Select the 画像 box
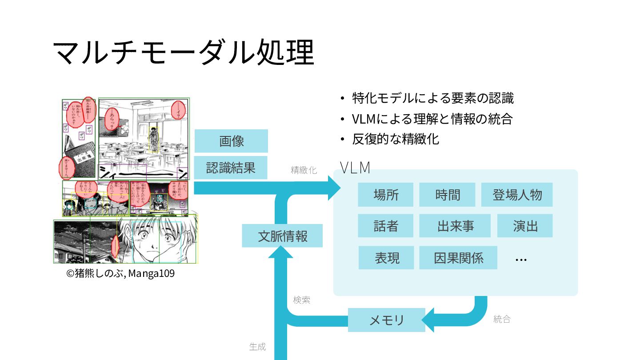click(x=231, y=141)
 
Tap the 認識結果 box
click(x=231, y=168)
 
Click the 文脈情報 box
click(x=282, y=236)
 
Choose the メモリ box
click(x=386, y=320)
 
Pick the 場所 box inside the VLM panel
click(x=385, y=195)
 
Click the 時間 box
click(x=447, y=195)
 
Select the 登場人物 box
click(x=517, y=195)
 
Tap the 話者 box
click(x=385, y=226)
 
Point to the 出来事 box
click(x=455, y=226)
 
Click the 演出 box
click(x=525, y=226)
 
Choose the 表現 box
click(x=386, y=258)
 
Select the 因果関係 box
click(x=458, y=258)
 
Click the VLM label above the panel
click(x=355, y=168)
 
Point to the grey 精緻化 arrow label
click(x=304, y=170)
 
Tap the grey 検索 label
click(x=301, y=300)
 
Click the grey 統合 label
click(x=502, y=319)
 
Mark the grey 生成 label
click(x=257, y=347)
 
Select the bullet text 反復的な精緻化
click(x=396, y=139)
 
